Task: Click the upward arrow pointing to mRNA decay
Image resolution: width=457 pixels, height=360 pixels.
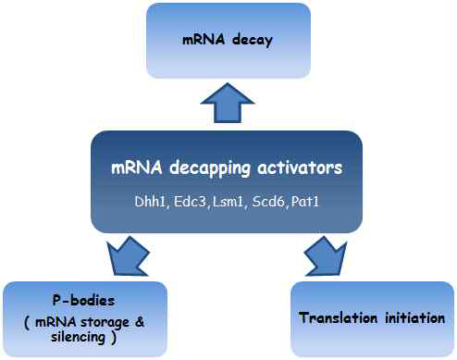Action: [x=228, y=102]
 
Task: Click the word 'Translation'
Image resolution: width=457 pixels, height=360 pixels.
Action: [x=339, y=318]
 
